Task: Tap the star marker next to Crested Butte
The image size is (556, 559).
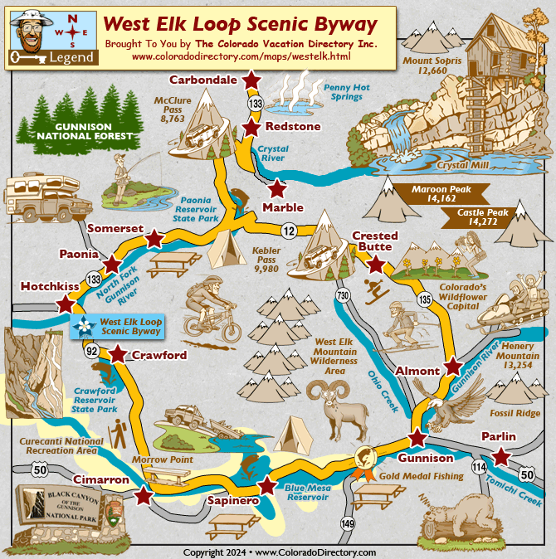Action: click(376, 265)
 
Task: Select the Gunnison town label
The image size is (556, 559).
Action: click(427, 458)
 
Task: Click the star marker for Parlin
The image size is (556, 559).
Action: click(500, 456)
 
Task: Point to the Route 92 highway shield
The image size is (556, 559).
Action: click(91, 352)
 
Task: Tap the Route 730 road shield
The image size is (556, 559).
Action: click(342, 296)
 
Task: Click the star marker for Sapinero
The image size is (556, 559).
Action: click(266, 486)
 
